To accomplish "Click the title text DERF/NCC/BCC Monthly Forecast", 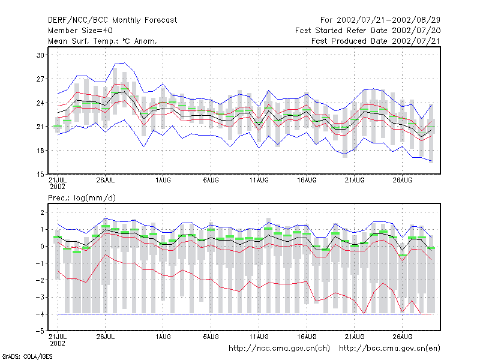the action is click(112, 20).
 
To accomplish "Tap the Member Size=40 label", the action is click(80, 31).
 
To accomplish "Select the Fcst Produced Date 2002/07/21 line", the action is click(376, 41).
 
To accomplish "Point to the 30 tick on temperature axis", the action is click(40, 55).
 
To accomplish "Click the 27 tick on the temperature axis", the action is click(40, 79).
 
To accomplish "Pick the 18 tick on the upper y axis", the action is click(40, 151).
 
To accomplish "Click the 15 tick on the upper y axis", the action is click(40, 174).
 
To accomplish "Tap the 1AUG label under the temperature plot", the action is click(163, 181).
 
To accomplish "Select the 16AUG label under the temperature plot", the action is click(307, 181).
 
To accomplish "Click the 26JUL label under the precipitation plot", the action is click(106, 337).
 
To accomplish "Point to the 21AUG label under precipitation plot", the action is click(355, 337).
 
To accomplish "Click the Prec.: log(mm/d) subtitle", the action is click(82, 198).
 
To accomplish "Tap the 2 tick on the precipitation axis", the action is click(42, 212).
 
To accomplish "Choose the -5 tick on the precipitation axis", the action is click(40, 331).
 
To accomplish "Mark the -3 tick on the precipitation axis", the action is click(40, 297).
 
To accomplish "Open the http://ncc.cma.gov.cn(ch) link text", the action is click(279, 349).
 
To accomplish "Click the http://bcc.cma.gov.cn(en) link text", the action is click(389, 349).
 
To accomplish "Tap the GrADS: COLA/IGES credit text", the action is click(27, 356).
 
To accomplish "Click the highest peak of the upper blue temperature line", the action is click(124, 63).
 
